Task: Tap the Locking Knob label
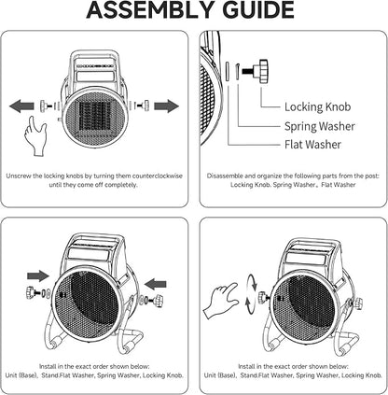point(317,106)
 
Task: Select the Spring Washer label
point(319,126)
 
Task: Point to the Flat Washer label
point(312,145)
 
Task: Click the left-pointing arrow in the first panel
point(21,106)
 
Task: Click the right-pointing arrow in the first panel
point(166,106)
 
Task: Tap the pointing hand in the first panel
point(35,135)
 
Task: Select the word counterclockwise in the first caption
point(158,176)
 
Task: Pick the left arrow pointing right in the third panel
point(38,275)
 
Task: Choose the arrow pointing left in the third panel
point(156,284)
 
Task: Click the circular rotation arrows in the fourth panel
point(252,294)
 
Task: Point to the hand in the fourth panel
point(221,300)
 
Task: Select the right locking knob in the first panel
point(143,106)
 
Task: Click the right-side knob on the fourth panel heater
point(358,303)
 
